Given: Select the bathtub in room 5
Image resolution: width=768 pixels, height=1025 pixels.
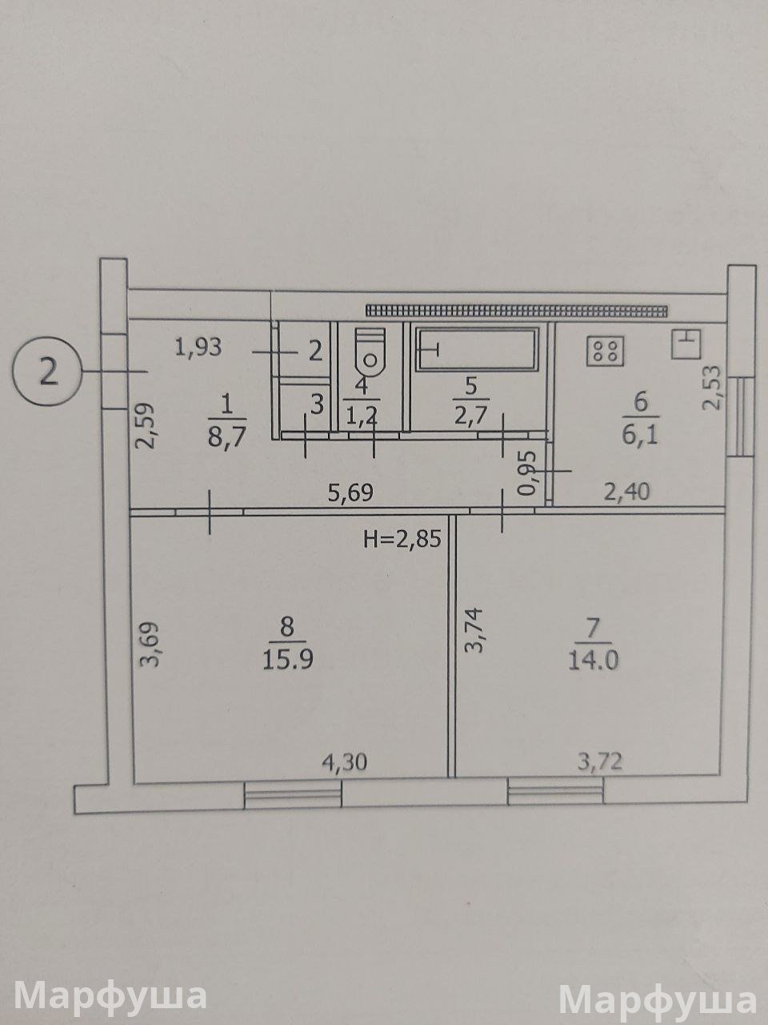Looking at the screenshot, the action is click(478, 348).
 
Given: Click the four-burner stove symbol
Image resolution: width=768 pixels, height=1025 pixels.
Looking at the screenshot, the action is click(606, 351).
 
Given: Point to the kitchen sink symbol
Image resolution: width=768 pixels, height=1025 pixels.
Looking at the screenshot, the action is click(686, 344).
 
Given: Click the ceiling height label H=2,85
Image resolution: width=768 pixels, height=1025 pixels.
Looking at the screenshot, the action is click(402, 540).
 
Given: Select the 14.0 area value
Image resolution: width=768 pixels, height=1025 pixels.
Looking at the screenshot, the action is click(593, 661).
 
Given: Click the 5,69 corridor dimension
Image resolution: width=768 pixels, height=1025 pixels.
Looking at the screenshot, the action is click(350, 493).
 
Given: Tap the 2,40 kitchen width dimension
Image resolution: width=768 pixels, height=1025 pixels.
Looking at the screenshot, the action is click(626, 491).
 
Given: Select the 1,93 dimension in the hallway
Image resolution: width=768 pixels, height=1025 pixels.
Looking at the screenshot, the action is click(198, 348).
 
